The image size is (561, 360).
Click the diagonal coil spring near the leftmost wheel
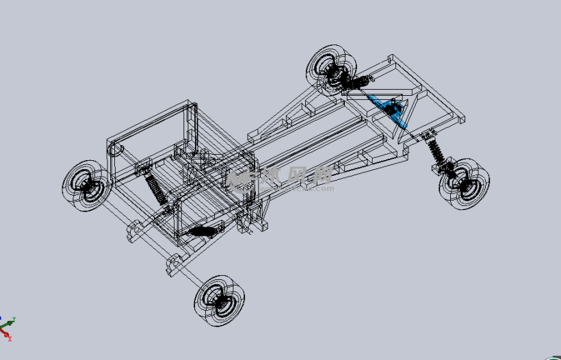tap(155, 188)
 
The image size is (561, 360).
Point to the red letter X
tap(9, 339)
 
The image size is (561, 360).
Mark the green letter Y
tap(14, 320)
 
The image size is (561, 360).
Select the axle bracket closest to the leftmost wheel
tap(134, 230)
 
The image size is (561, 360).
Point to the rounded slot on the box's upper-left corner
tap(116, 147)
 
